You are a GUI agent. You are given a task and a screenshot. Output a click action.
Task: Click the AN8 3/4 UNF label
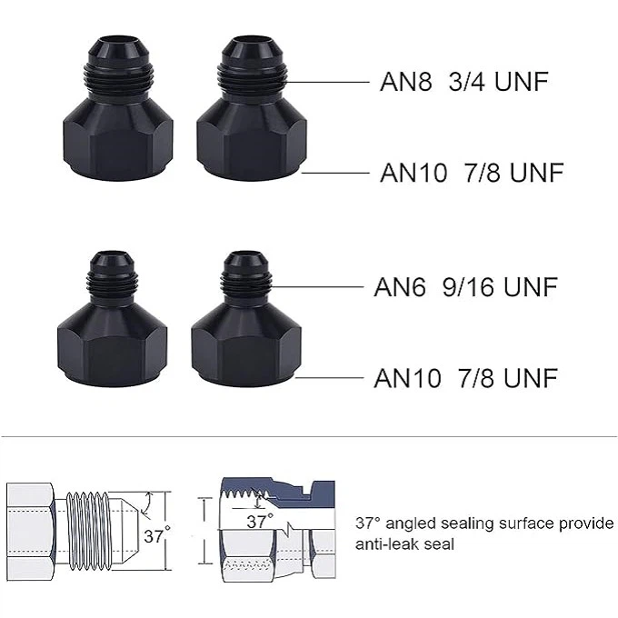pos(463,82)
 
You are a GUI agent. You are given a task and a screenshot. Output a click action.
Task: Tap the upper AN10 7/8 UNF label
pos(472,173)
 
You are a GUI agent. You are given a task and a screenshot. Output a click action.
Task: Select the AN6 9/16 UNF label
pos(465,286)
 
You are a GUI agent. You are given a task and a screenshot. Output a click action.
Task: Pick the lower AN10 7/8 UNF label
pos(465,377)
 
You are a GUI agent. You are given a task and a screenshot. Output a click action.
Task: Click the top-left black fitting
pos(117,109)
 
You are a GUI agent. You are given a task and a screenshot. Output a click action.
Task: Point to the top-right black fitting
pos(252,109)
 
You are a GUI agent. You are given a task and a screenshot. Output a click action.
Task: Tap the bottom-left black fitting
pos(112,318)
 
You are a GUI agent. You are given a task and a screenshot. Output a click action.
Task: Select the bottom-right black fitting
pos(246,318)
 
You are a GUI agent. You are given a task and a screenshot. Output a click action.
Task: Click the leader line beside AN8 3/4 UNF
pos(326,82)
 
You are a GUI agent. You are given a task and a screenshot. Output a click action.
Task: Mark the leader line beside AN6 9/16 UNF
pos(316,287)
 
